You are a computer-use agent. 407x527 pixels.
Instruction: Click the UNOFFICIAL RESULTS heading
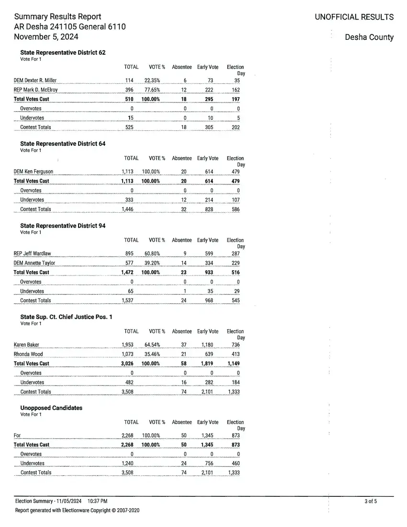coord(354,17)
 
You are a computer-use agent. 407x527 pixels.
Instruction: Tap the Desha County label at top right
coord(369,37)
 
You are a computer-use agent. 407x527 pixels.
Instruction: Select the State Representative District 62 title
coord(63,52)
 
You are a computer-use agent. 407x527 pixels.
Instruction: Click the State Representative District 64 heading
coord(63,144)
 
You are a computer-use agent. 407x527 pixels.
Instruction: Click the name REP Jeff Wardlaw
coord(32,253)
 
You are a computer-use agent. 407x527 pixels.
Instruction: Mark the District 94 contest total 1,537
coord(127,300)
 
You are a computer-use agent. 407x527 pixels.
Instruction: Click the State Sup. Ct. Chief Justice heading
coord(66,317)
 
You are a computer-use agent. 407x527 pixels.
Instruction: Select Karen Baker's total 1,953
coord(127,344)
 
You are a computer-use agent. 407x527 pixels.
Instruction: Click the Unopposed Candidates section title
coord(51,408)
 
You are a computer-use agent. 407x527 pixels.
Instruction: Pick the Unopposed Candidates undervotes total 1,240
coord(127,463)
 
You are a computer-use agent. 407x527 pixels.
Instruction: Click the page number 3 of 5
coord(371,501)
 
